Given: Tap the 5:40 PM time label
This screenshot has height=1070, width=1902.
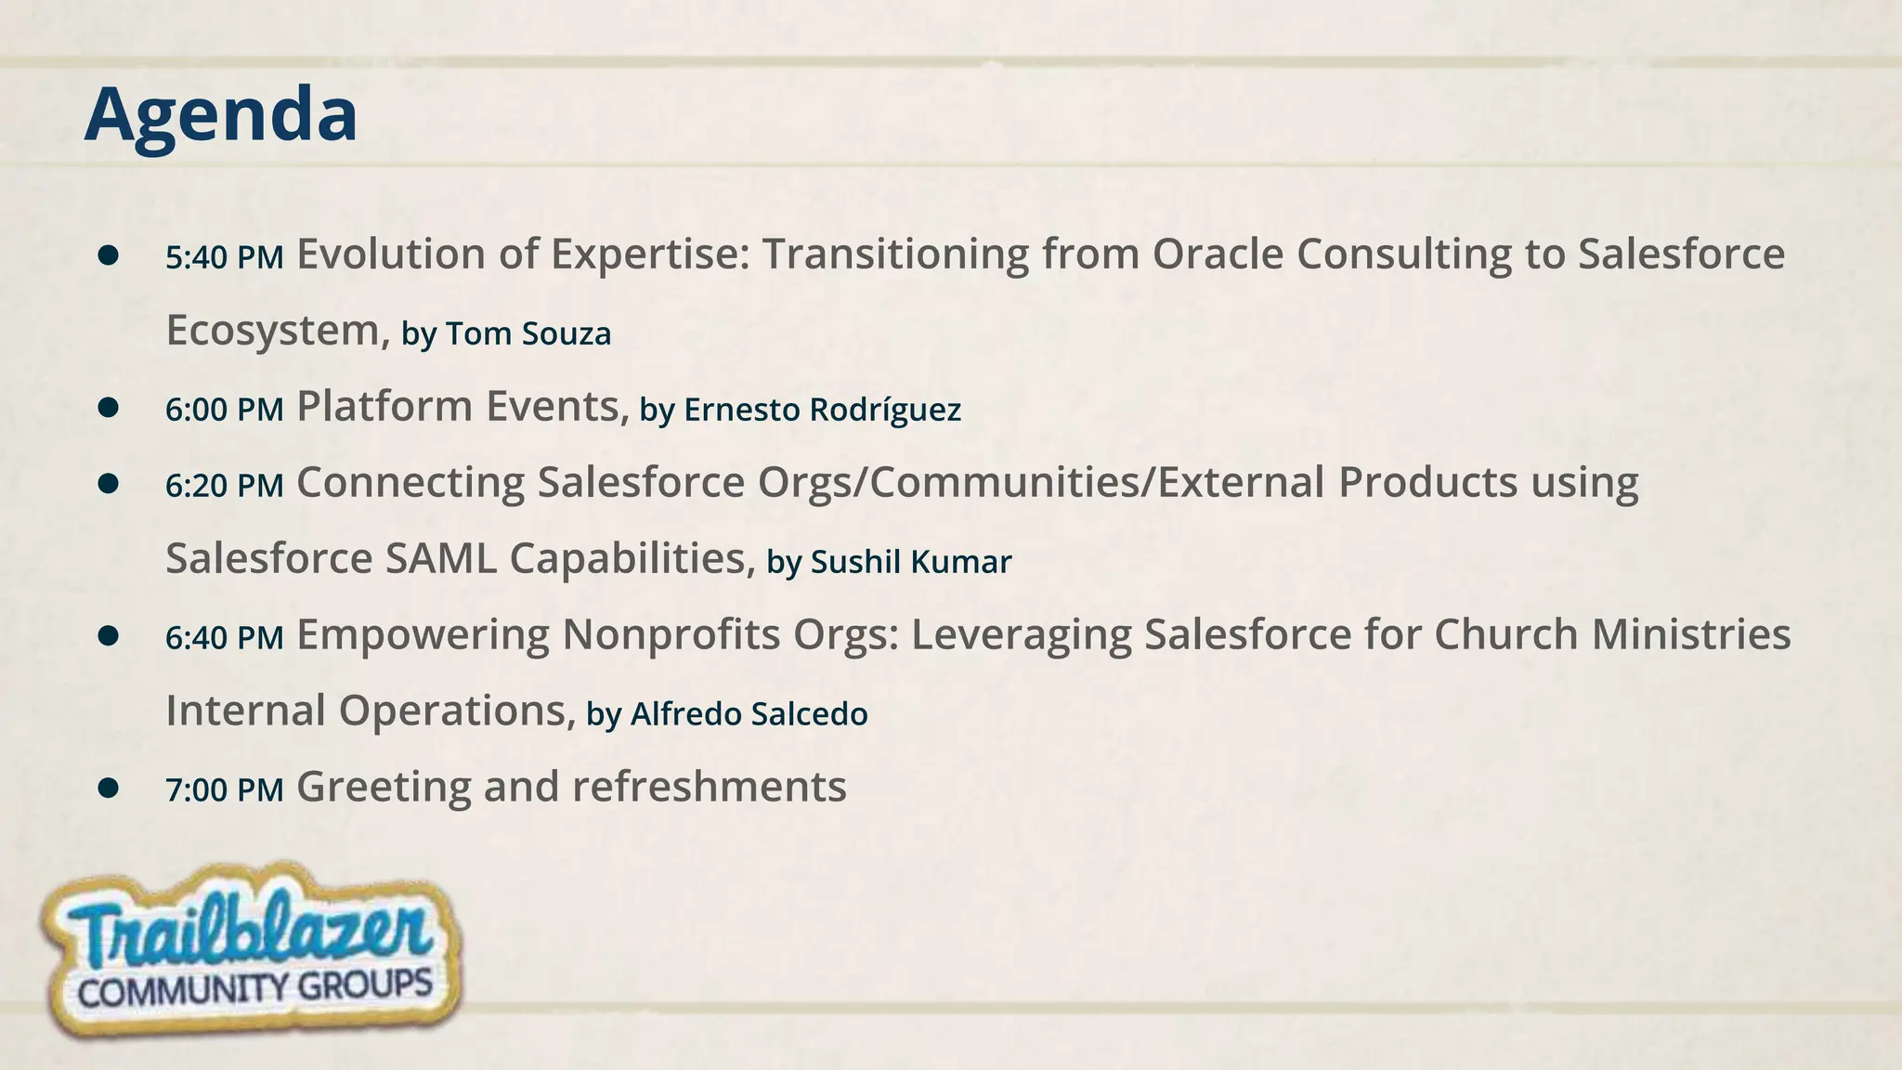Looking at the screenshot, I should point(224,257).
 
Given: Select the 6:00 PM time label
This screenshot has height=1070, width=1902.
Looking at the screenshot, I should point(224,410).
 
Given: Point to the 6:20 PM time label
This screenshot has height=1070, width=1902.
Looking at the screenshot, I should point(224,486).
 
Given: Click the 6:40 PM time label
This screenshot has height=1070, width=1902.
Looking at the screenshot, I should point(224,638).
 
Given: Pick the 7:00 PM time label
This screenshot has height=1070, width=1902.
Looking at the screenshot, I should point(224,790).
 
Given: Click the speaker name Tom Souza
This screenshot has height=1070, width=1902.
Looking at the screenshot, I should point(528,333).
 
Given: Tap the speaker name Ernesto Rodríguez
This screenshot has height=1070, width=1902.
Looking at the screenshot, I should point(822,410).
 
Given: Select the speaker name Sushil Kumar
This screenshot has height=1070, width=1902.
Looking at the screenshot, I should point(910,562).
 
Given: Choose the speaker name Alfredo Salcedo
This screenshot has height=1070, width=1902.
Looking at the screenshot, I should point(749,714).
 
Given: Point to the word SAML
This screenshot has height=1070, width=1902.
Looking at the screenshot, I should point(440,558).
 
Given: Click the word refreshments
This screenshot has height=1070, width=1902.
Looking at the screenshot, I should point(710,787).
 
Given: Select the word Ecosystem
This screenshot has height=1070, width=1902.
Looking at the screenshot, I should point(272,332).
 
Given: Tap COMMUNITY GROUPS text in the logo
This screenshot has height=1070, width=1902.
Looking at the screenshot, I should point(254,987).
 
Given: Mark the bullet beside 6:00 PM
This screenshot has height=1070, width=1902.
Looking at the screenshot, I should point(109,407).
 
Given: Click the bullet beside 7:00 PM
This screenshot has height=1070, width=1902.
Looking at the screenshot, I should point(109,788).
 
